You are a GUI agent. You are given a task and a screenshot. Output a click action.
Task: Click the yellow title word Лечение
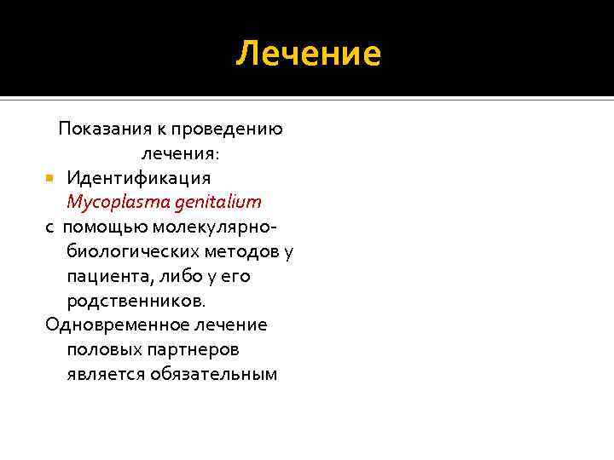pyautogui.click(x=308, y=54)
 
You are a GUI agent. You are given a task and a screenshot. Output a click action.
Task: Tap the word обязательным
pyautogui.click(x=213, y=375)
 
